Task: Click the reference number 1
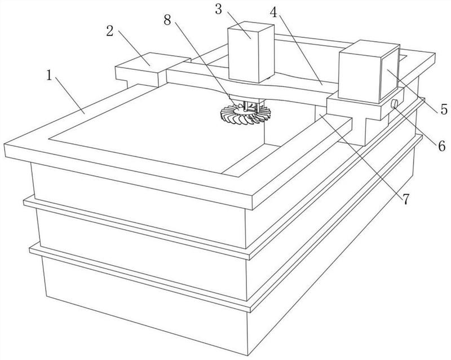pos(50,76)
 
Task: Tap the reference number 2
pos(110,31)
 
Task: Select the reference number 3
pos(219,9)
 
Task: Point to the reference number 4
pos(274,11)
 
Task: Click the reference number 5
pos(444,109)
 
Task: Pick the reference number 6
pos(442,146)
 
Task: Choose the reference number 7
pos(405,199)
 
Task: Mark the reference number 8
pos(167,20)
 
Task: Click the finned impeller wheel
pos(245,115)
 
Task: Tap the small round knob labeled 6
pos(394,103)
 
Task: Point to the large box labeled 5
pos(369,72)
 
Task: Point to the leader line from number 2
pos(134,49)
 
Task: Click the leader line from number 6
pos(415,124)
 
